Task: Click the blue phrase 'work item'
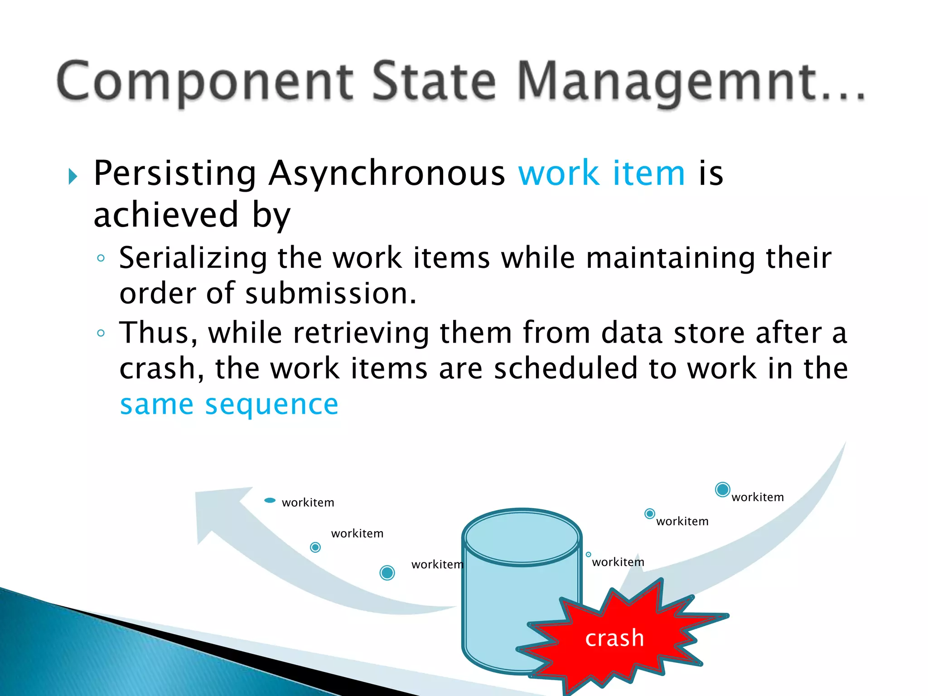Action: tap(601, 173)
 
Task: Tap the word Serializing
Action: tap(193, 258)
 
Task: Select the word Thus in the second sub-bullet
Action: tap(158, 333)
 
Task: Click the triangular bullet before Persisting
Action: tap(73, 176)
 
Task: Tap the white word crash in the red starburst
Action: tap(614, 638)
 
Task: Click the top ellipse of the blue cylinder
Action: tap(522, 537)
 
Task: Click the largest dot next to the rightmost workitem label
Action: tap(722, 489)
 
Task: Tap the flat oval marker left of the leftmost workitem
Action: tap(270, 500)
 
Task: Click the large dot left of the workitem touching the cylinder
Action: tap(387, 573)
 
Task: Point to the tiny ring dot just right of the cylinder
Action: tap(588, 555)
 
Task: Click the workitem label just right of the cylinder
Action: tap(618, 562)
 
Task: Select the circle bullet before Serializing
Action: tap(101, 258)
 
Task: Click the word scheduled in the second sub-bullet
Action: tap(565, 368)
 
